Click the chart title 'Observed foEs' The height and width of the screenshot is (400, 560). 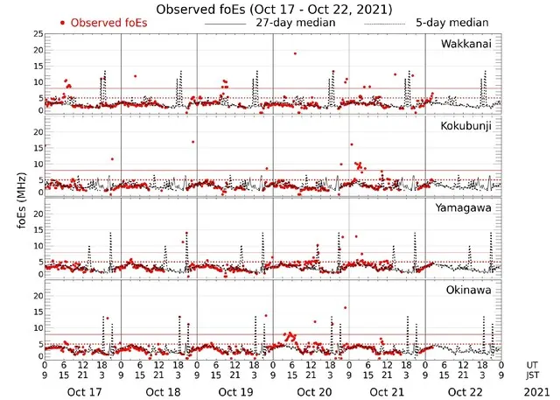point(273,8)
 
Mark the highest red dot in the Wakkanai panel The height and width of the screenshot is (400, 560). point(295,53)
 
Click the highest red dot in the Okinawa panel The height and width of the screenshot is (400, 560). point(346,307)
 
